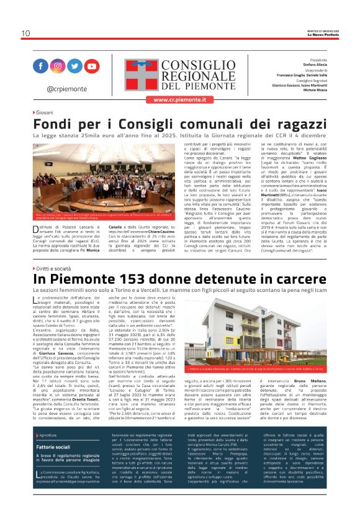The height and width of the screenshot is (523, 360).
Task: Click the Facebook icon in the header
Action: tap(41, 66)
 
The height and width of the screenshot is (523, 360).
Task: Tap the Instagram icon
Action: tap(58, 66)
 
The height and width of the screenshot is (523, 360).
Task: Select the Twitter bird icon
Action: tap(74, 66)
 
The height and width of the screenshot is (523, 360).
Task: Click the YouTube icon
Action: tap(91, 66)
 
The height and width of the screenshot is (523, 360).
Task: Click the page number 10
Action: tap(25, 34)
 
